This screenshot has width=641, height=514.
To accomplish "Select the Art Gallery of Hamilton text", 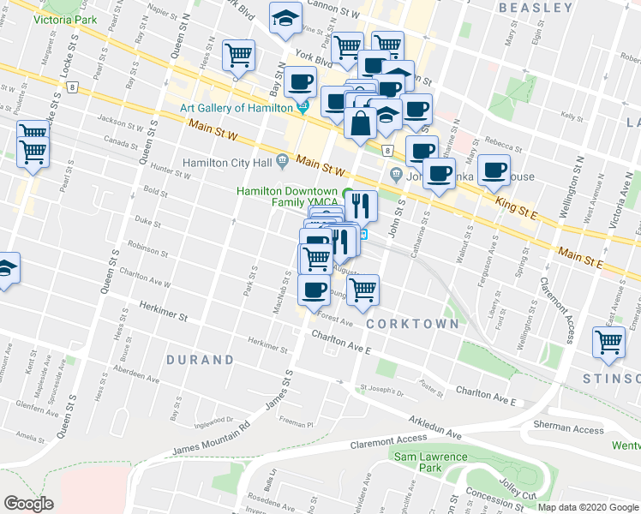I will coord(237,108).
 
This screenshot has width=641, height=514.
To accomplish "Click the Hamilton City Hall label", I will coord(226,162).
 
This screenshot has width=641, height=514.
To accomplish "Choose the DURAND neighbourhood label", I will coord(200,360).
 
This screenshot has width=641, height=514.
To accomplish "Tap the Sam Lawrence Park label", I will coord(430,463).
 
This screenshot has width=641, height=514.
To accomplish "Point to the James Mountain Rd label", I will coord(210,439).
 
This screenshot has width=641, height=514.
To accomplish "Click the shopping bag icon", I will coord(360,123).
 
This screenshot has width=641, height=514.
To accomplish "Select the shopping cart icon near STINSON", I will coord(609,342).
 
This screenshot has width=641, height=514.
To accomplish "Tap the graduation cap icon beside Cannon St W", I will coord(283,17).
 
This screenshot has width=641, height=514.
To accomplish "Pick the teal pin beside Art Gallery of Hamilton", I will coord(303,108).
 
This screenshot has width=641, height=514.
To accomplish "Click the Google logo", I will coord(28,504).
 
